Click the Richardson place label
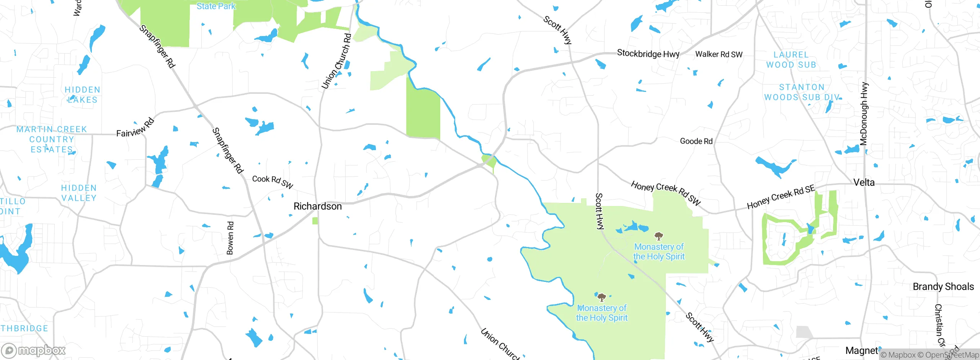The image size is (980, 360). tap(317, 206)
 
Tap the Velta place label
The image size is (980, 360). tap(864, 183)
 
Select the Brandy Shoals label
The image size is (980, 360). tap(943, 286)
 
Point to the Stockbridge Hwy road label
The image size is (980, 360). tap(648, 54)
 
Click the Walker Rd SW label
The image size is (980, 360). tap(719, 54)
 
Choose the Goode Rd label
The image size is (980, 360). tap(696, 141)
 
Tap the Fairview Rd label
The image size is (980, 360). tap(135, 128)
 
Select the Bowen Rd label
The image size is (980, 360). tap(230, 238)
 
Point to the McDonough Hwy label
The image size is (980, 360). tap(864, 114)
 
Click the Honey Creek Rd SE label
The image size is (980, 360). tap(781, 197)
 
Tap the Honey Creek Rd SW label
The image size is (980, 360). tap(666, 193)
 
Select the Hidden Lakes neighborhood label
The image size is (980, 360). tap(82, 95)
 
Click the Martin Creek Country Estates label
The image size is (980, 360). tap(52, 139)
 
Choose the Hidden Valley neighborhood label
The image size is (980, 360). tap(79, 193)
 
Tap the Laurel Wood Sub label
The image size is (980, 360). tap(791, 60)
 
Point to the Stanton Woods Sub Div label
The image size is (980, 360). tap(802, 92)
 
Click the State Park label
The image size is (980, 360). tap(216, 6)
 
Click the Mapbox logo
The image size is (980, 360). tap(34, 350)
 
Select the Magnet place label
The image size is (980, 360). tap(861, 350)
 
